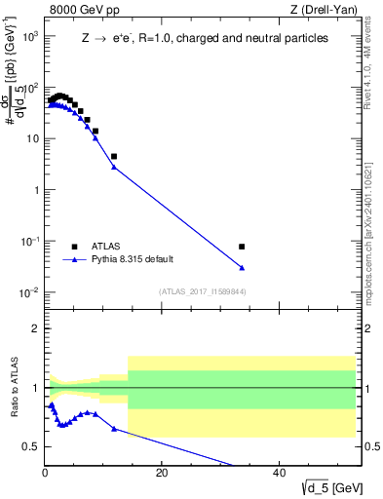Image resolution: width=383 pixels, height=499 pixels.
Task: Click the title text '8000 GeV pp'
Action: point(78,11)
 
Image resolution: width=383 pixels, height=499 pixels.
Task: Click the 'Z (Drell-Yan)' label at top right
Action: point(328,11)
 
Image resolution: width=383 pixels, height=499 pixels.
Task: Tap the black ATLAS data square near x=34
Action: point(242,247)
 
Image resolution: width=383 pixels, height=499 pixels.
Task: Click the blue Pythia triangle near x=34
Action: point(242,268)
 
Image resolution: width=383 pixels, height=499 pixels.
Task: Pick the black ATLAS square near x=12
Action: point(114,156)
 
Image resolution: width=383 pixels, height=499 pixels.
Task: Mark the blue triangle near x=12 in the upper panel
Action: point(114,168)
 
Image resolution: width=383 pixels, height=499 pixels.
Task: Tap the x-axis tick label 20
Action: point(162,473)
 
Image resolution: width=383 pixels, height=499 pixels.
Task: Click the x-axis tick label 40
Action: point(279,473)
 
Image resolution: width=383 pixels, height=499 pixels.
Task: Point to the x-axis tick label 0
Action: point(45,473)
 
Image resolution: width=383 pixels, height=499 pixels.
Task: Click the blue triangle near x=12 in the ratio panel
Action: point(114,429)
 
